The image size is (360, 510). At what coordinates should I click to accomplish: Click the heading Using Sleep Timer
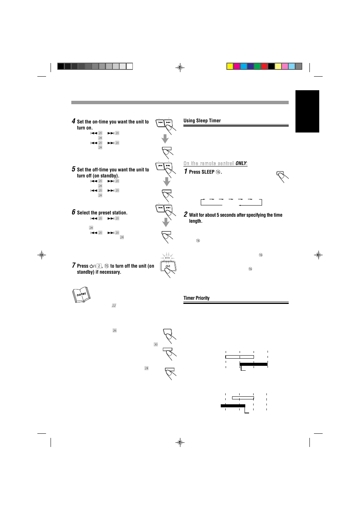(202, 121)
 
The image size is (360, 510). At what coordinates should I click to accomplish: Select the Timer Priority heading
(196, 298)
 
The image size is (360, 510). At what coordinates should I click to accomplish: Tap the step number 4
(74, 121)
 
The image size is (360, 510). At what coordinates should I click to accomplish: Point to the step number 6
(74, 212)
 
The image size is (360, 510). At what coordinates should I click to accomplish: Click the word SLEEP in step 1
(208, 172)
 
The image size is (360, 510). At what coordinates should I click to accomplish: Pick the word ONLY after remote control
(241, 163)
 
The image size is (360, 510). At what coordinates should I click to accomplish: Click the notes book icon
(81, 295)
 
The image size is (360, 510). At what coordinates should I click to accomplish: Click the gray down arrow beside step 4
(165, 139)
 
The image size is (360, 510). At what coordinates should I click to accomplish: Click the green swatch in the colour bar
(257, 66)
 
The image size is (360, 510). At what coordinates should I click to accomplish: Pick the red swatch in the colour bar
(264, 66)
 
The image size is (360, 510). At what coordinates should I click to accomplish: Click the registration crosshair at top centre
(180, 68)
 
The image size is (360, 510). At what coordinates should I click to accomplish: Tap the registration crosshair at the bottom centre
(180, 442)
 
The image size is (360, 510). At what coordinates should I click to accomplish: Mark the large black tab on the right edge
(307, 111)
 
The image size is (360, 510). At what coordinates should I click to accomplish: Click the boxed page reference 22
(114, 305)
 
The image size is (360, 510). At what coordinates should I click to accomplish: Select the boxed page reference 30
(155, 344)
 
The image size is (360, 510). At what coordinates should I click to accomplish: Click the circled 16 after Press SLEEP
(218, 172)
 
